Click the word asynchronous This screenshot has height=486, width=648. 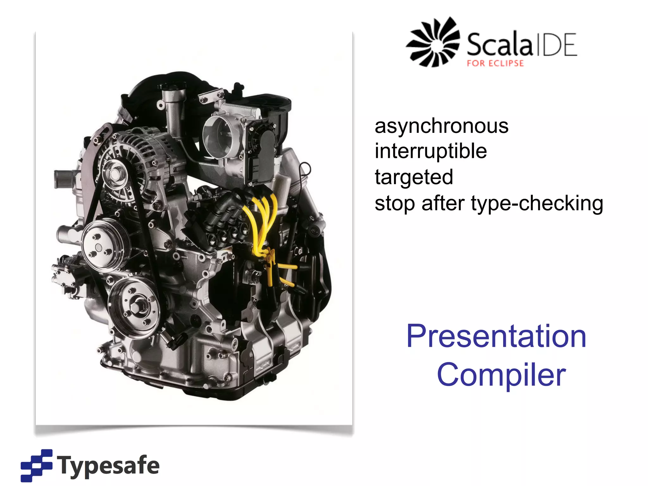click(441, 126)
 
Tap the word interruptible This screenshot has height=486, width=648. click(431, 151)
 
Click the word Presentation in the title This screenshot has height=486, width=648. click(496, 336)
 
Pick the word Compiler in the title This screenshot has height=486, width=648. click(501, 375)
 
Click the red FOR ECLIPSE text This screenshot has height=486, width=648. click(495, 63)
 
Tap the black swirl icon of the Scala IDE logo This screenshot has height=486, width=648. click(433, 42)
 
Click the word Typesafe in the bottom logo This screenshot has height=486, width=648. click(108, 465)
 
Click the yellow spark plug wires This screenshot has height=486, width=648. click(263, 221)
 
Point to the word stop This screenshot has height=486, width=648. click(394, 203)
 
